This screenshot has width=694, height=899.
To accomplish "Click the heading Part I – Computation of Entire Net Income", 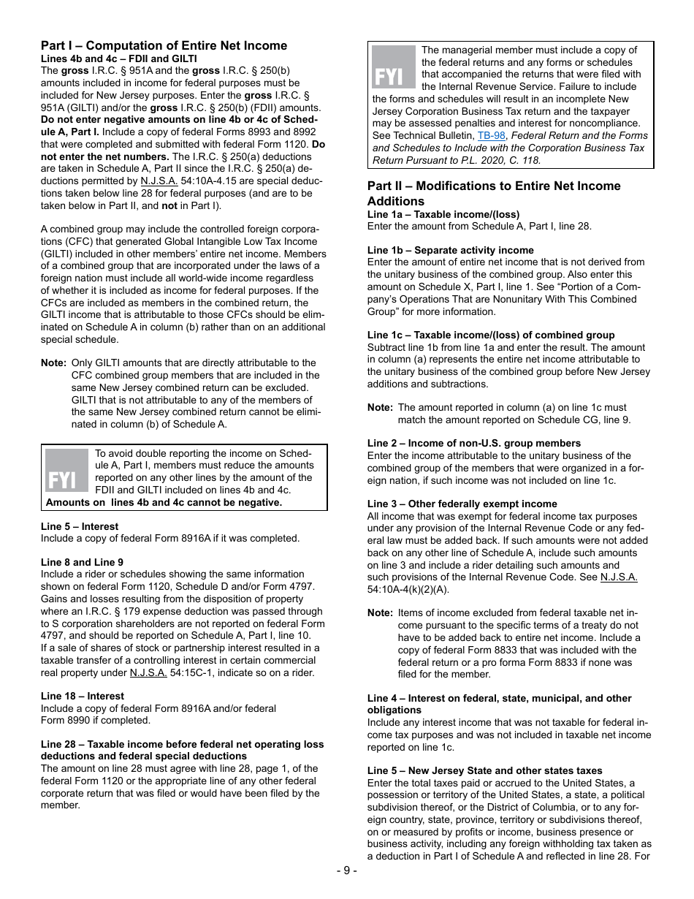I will click(x=164, y=45).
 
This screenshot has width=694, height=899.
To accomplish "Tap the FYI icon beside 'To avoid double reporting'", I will click(x=66, y=470).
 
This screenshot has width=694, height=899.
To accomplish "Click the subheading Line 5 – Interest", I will click(x=79, y=526).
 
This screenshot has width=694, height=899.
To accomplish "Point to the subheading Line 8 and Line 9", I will click(x=82, y=562).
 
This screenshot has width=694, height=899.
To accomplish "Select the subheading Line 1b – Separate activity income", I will click(x=450, y=250).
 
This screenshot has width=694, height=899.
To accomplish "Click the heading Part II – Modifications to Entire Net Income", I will click(x=494, y=186).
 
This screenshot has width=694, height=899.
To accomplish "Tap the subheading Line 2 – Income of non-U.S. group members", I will click(x=473, y=443).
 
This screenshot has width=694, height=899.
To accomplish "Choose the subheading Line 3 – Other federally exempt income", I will click(x=462, y=504).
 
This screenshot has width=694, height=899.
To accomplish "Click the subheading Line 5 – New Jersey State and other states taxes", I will click(x=484, y=770).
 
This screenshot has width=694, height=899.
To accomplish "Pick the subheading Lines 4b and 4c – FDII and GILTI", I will click(x=118, y=58).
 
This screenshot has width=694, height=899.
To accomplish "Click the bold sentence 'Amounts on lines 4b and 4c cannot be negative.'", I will click(x=164, y=502).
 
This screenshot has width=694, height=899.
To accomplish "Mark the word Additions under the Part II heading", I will click(x=395, y=201).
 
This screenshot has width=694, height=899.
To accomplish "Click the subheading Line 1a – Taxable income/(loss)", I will click(x=443, y=214).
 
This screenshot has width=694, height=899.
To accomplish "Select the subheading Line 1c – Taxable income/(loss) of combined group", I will click(x=490, y=335).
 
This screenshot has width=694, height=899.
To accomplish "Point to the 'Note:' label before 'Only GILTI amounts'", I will click(x=53, y=363).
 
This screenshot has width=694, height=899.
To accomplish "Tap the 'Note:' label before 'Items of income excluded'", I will click(x=380, y=612).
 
